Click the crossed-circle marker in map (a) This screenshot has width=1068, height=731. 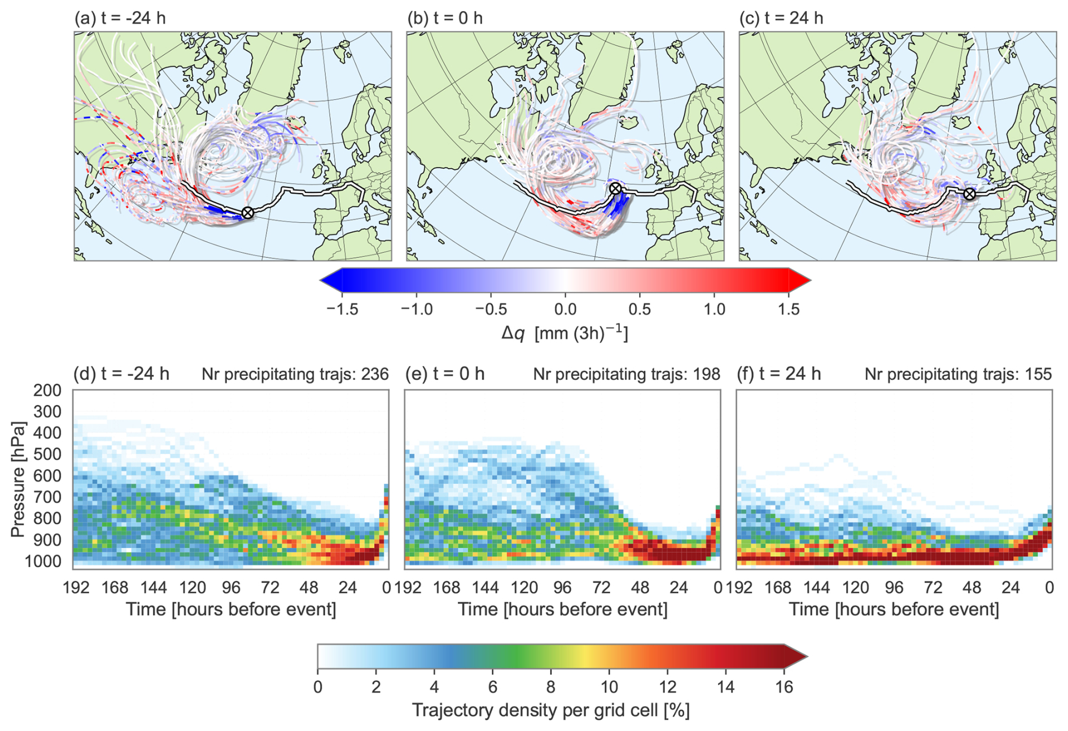tap(247, 213)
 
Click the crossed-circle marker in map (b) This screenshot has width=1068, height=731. tap(616, 189)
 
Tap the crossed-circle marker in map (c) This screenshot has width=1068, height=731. tap(969, 194)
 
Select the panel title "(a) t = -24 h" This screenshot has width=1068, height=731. tap(120, 18)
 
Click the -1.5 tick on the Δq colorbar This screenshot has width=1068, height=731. tap(342, 309)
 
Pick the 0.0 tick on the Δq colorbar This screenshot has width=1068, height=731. tap(565, 309)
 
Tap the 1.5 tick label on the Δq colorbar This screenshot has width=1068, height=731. tap(788, 309)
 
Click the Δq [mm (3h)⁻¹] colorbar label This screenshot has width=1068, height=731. tap(565, 334)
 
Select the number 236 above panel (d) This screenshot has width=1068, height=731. tap(374, 374)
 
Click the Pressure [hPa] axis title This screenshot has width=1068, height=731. tap(19, 479)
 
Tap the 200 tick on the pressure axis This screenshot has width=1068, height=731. tap(47, 391)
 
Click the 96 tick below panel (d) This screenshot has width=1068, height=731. tap(231, 588)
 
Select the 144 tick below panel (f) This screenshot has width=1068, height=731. tap(817, 588)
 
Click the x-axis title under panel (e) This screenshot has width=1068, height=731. tap(562, 610)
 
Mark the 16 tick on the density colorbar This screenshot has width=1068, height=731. tap(784, 687)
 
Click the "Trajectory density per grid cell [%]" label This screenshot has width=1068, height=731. tap(551, 710)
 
